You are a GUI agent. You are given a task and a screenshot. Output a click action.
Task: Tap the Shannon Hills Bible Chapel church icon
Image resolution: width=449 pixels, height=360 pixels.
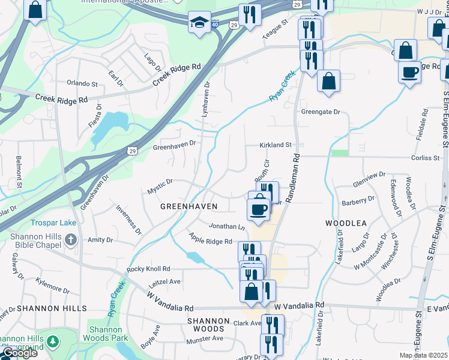pos(71,241)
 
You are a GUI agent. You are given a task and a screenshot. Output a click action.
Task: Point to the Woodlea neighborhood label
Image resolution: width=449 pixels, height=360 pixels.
pos(346,223)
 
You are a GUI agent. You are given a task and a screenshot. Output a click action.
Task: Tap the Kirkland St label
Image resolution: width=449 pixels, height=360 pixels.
pos(275,145)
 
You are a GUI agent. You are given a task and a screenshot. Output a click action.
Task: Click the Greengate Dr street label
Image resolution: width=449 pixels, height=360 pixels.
pos(321,112)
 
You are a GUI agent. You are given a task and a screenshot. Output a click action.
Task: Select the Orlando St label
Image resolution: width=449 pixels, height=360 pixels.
pos(82,84)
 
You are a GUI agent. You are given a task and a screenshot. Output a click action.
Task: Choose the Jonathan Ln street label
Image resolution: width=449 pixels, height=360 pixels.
pos(227,227)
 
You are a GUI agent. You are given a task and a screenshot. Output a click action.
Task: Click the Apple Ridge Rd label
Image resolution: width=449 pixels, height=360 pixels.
pos(210,239)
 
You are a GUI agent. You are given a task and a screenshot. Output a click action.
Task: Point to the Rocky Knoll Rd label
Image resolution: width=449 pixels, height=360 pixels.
pos(148,269)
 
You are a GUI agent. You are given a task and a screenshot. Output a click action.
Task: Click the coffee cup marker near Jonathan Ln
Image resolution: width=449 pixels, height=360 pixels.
pos(259,209)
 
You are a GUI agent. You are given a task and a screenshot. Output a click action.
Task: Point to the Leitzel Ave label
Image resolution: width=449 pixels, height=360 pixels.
pos(164,281)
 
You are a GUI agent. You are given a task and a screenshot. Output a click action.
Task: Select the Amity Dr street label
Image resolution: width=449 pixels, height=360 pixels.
pos(100,240)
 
